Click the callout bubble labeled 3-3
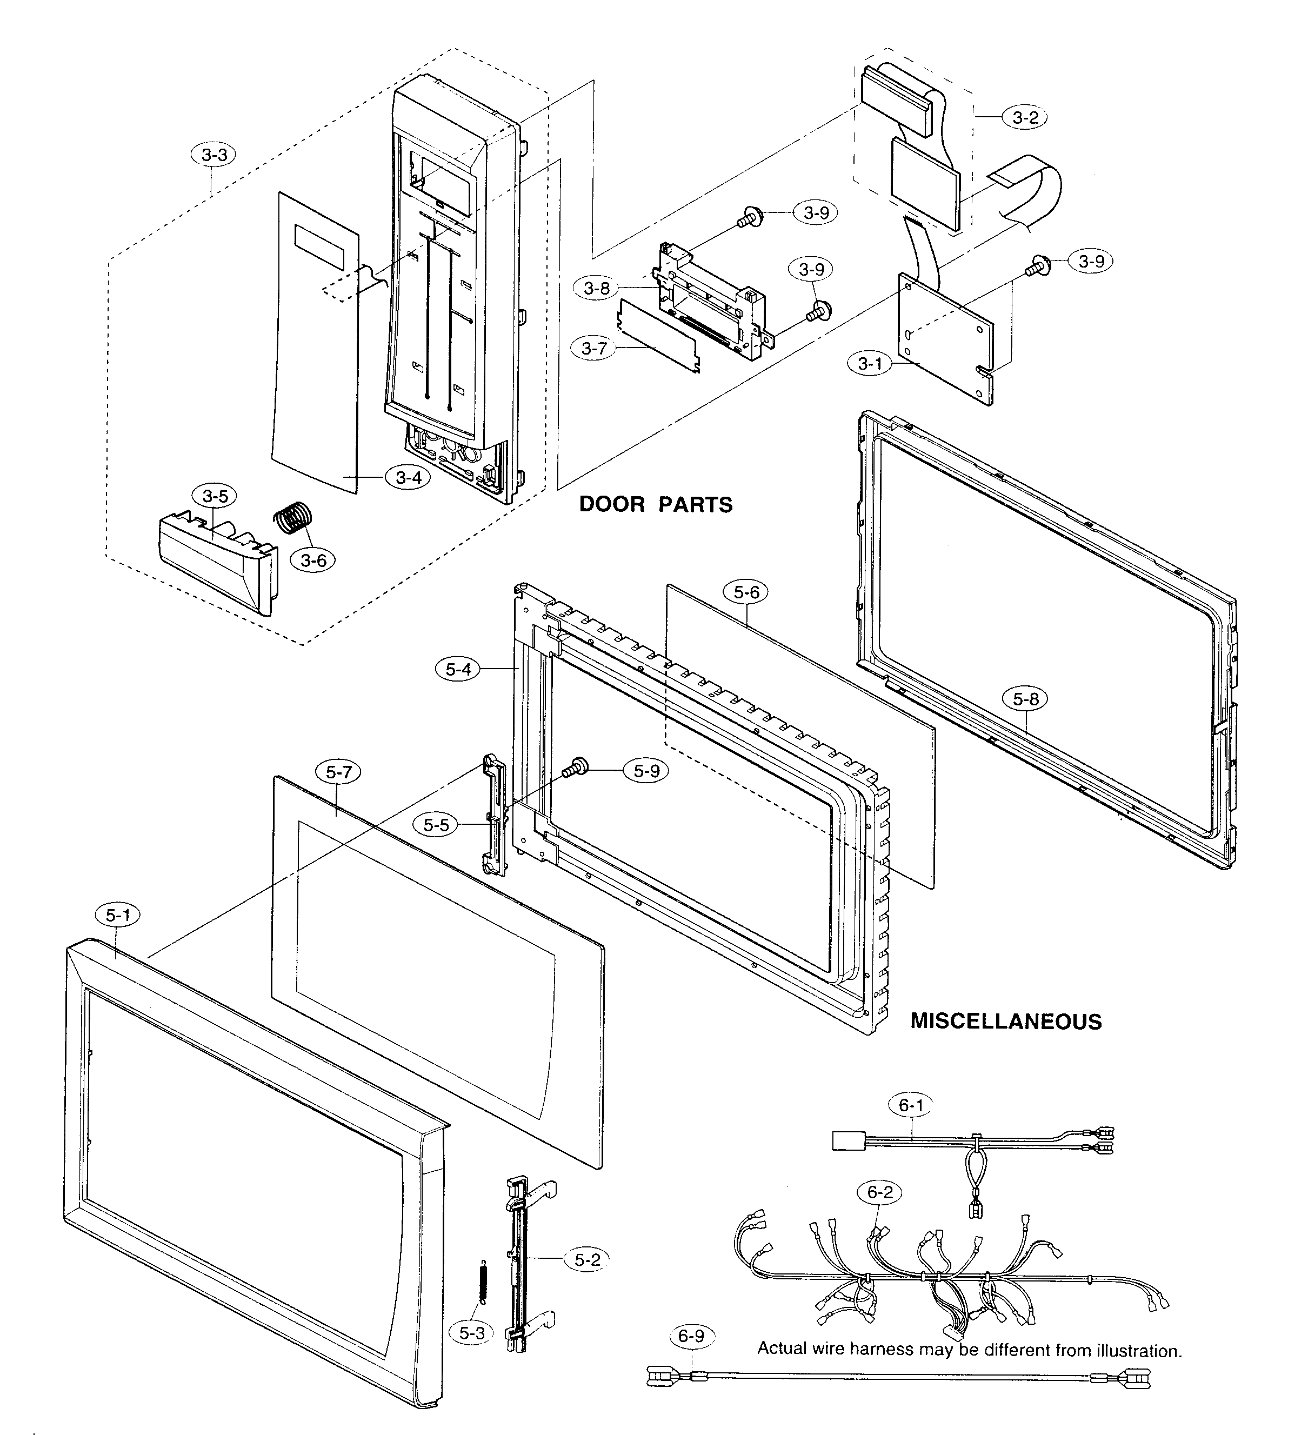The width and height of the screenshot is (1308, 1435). [x=213, y=155]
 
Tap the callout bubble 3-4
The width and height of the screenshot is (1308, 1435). [x=409, y=478]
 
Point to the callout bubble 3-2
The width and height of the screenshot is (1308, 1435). [x=1025, y=117]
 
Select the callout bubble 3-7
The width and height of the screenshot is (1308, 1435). [x=594, y=348]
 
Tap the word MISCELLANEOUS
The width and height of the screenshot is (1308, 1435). [x=1005, y=1022]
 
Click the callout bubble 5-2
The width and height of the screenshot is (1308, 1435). [x=587, y=1260]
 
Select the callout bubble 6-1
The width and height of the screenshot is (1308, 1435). [x=911, y=1105]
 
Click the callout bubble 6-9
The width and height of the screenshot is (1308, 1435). [x=691, y=1336]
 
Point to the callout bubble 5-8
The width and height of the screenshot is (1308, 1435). [x=1025, y=699]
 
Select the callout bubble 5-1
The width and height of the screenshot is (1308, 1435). [x=118, y=915]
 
